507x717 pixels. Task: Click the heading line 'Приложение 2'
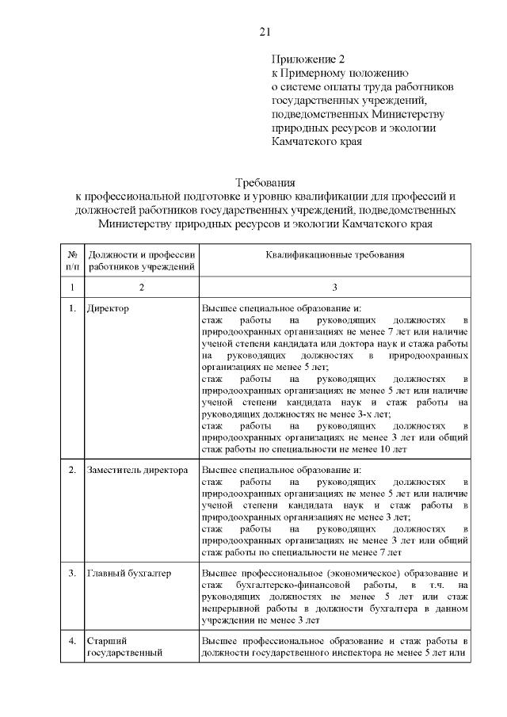click(x=309, y=59)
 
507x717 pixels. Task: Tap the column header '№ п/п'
click(x=72, y=261)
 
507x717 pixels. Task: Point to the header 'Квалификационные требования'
click(x=335, y=255)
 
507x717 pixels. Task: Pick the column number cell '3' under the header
click(x=335, y=286)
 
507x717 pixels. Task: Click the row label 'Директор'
click(x=109, y=307)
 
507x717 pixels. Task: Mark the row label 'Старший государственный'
click(x=125, y=646)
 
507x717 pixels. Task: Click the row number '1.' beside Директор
click(x=72, y=307)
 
